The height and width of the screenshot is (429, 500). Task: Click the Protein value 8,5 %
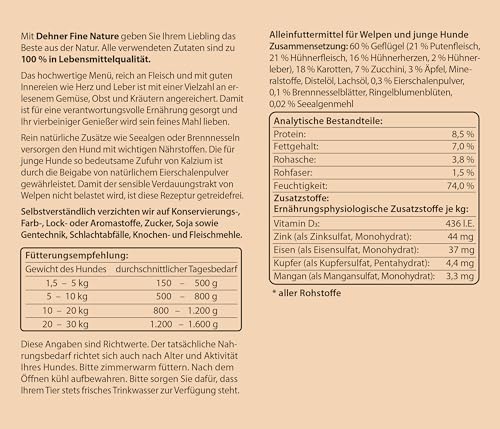click(x=459, y=134)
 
